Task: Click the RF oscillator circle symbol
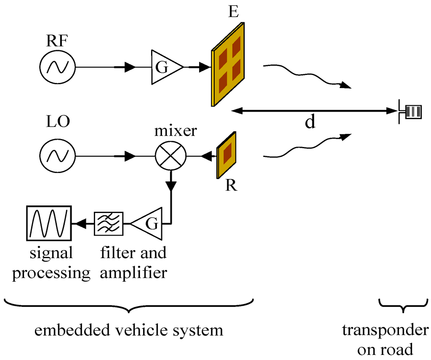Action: [57, 67]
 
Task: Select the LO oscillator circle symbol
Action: [57, 156]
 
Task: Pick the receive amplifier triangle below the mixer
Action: [147, 223]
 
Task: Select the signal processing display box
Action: [48, 223]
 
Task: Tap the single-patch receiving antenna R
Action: [226, 155]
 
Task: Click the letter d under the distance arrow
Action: [310, 122]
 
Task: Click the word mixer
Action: [175, 131]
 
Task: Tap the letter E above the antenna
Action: [233, 12]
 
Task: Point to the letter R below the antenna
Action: [231, 185]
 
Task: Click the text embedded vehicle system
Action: [128, 330]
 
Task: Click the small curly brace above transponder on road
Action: [403, 307]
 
